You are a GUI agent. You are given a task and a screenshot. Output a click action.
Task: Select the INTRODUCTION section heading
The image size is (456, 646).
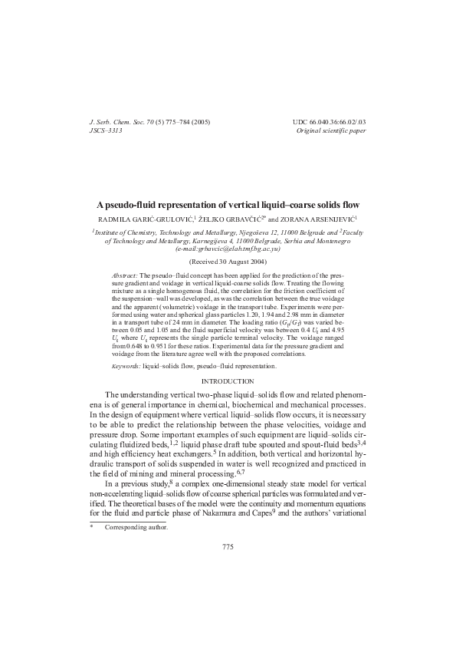pos(228,381)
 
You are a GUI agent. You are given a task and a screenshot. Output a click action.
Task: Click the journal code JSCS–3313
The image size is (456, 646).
pos(107,131)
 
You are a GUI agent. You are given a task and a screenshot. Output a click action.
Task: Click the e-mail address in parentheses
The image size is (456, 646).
pos(228,249)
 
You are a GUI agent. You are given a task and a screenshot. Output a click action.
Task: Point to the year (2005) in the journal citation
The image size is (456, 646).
pos(200,122)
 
